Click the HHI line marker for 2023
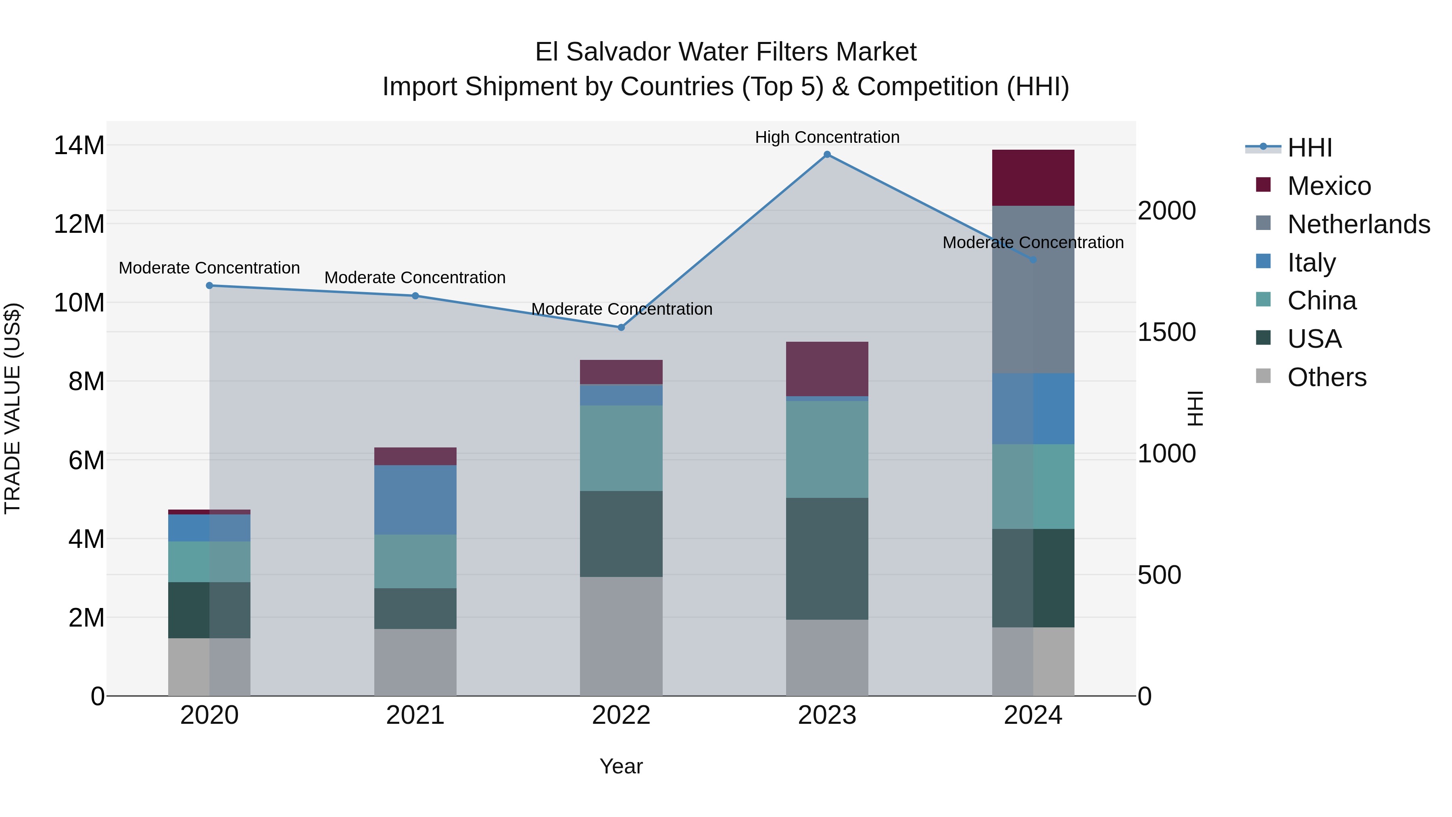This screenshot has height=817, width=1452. [x=827, y=155]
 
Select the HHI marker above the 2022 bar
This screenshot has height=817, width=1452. [x=621, y=327]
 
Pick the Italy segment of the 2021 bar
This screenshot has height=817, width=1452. [x=415, y=499]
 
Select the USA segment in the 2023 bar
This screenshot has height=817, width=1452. [x=827, y=558]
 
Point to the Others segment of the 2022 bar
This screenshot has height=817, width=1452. [x=621, y=636]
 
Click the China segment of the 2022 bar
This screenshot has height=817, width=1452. [x=621, y=448]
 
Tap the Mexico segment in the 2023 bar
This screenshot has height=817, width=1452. [x=827, y=369]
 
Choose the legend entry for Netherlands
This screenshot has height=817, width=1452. [x=1358, y=224]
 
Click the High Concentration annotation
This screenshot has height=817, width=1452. [x=827, y=137]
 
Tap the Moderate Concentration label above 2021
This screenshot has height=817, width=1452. [x=415, y=278]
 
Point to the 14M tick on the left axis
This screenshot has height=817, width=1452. [x=79, y=146]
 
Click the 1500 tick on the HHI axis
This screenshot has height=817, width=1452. [x=1166, y=332]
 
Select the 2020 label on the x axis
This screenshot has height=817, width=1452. [x=209, y=715]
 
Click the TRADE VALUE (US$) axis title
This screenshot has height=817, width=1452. [x=13, y=408]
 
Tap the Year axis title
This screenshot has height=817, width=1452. [x=621, y=766]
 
